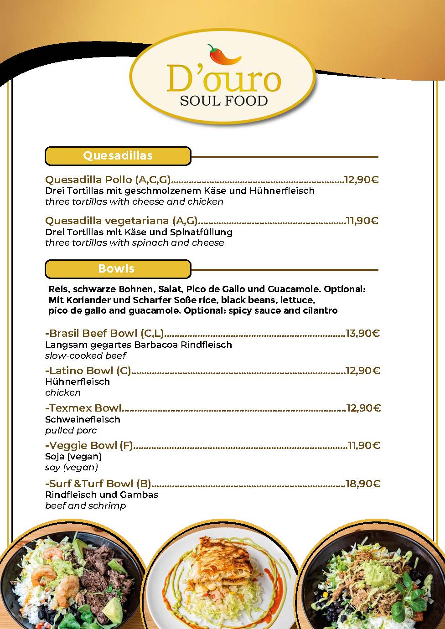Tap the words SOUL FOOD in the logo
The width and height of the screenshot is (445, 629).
click(x=223, y=100)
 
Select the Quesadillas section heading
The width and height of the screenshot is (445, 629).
click(x=118, y=156)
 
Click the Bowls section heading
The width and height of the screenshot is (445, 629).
click(x=116, y=269)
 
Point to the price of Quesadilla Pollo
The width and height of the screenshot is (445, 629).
click(x=362, y=180)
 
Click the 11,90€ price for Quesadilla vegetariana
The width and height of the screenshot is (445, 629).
click(x=362, y=221)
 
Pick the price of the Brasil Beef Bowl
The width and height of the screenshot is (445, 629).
click(x=362, y=333)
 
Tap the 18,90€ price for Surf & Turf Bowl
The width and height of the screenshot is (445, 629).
click(x=362, y=484)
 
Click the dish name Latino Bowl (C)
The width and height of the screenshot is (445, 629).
click(x=88, y=371)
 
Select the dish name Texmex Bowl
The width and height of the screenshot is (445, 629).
click(x=83, y=408)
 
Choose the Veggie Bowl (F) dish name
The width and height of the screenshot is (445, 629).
click(x=89, y=445)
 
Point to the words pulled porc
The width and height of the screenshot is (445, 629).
click(x=71, y=430)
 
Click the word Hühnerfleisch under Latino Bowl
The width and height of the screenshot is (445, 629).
click(x=78, y=382)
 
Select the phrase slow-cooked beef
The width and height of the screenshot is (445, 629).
click(x=86, y=356)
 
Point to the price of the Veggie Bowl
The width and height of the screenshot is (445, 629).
click(x=363, y=445)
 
